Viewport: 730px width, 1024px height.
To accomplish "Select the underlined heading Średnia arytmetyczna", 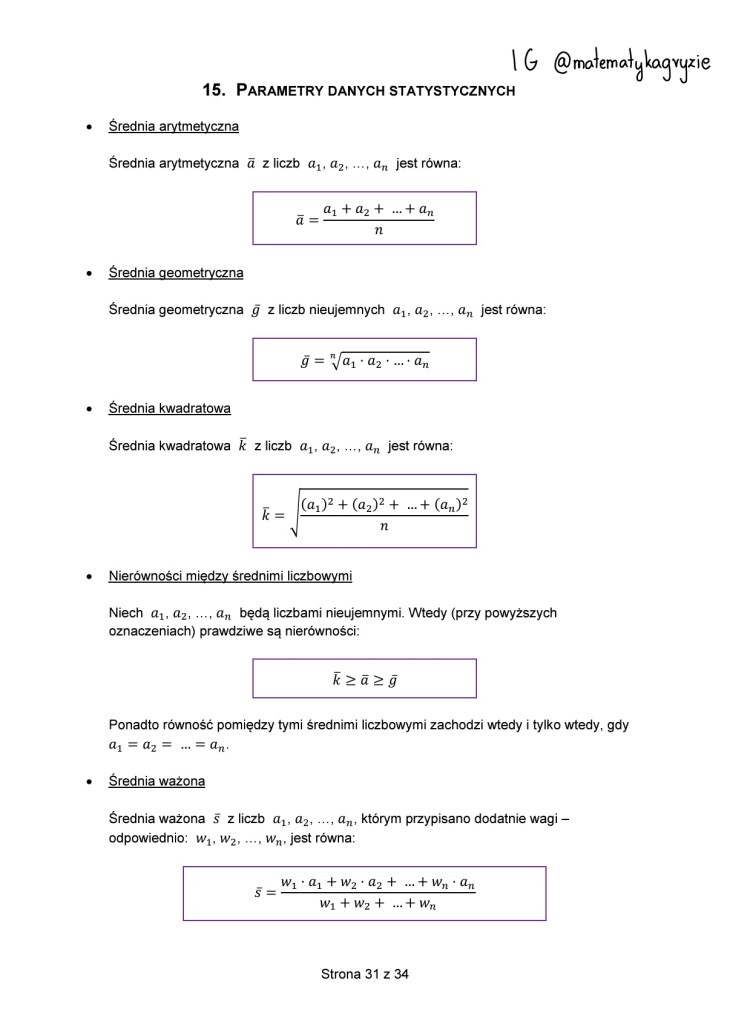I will [x=173, y=127].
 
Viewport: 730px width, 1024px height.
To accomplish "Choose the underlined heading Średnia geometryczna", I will [x=175, y=273].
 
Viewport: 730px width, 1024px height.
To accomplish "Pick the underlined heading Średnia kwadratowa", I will [x=169, y=409].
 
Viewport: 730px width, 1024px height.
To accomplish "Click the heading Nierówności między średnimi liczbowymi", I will [x=229, y=576].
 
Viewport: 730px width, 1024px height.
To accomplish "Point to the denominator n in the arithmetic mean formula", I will [x=378, y=231].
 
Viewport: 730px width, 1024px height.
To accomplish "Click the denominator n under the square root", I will [x=384, y=527].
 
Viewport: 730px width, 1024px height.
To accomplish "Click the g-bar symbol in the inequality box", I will [x=393, y=680].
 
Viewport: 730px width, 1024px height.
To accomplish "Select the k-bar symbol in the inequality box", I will [x=337, y=680].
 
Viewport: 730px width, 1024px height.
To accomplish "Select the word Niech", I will [x=125, y=612].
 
